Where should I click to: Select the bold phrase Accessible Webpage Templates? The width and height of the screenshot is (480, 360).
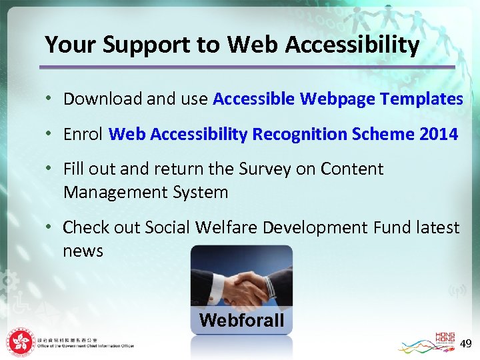pos(338,99)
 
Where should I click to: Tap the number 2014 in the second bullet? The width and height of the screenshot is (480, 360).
pos(439,134)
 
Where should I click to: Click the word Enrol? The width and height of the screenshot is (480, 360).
pos(83,134)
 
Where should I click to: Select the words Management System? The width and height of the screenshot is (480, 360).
pos(145,193)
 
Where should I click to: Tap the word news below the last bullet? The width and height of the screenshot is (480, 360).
pos(83,251)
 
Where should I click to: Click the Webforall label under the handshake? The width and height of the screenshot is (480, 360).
pos(241,321)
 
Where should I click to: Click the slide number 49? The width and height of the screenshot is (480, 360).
pos(466,344)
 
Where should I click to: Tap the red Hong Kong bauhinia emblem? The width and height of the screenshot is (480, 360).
pos(21,342)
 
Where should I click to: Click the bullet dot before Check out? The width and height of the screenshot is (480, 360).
pos(50,228)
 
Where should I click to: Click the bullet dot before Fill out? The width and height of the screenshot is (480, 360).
pos(50,169)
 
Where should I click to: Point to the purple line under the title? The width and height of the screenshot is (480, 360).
pos(247,67)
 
